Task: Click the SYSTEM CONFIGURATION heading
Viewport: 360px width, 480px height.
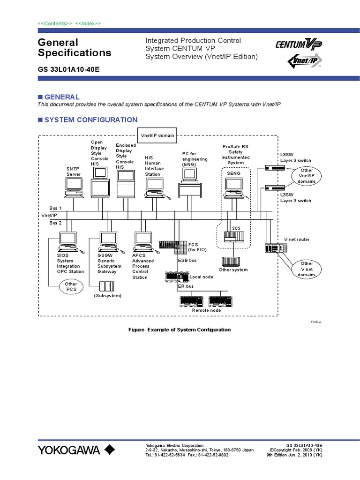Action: (90, 120)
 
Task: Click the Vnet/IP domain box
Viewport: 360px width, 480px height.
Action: (157, 135)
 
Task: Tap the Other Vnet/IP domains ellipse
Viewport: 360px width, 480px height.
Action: (307, 176)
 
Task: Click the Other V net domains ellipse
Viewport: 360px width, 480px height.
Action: (307, 269)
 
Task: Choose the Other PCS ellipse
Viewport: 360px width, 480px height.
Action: (71, 286)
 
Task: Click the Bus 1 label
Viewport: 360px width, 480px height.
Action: (55, 208)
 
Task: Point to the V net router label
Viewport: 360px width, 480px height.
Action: (296, 240)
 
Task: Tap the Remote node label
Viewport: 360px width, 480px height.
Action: (206, 310)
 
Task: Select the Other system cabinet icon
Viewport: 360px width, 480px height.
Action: (231, 260)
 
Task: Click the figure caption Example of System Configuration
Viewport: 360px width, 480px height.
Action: (180, 330)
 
